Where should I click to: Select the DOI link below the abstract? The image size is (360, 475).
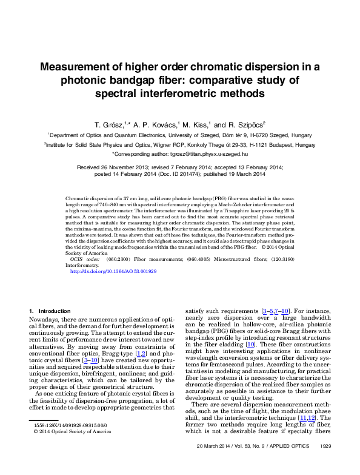tap(113, 271)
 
